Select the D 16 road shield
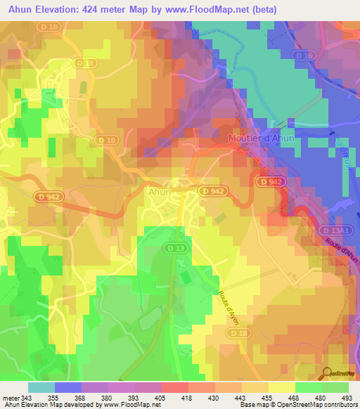[304, 54]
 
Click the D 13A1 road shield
[335, 230]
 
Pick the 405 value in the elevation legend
[160, 397]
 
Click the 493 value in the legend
[347, 397]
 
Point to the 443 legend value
[240, 397]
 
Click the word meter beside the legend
[12, 397]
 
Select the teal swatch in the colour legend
[41, 387]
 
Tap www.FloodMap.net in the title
[208, 10]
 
